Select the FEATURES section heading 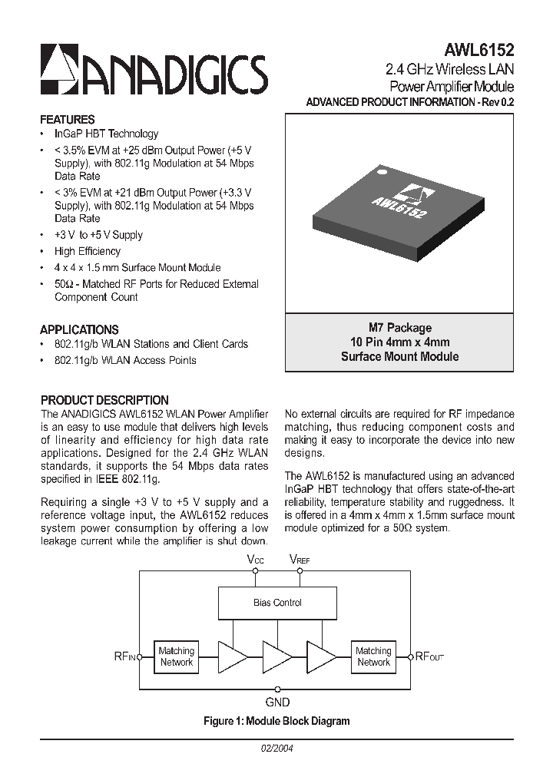(x=68, y=120)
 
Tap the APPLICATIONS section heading (x=79, y=329)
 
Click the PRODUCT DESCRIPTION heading (x=104, y=400)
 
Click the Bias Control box (x=277, y=603)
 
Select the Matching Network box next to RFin (x=177, y=656)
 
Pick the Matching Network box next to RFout (x=373, y=656)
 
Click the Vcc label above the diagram (x=255, y=560)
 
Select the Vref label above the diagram (x=300, y=560)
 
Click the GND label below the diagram (x=277, y=702)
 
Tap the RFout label (x=429, y=656)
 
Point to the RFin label (x=125, y=656)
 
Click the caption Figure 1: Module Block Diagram (x=276, y=721)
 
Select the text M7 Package (x=399, y=328)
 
